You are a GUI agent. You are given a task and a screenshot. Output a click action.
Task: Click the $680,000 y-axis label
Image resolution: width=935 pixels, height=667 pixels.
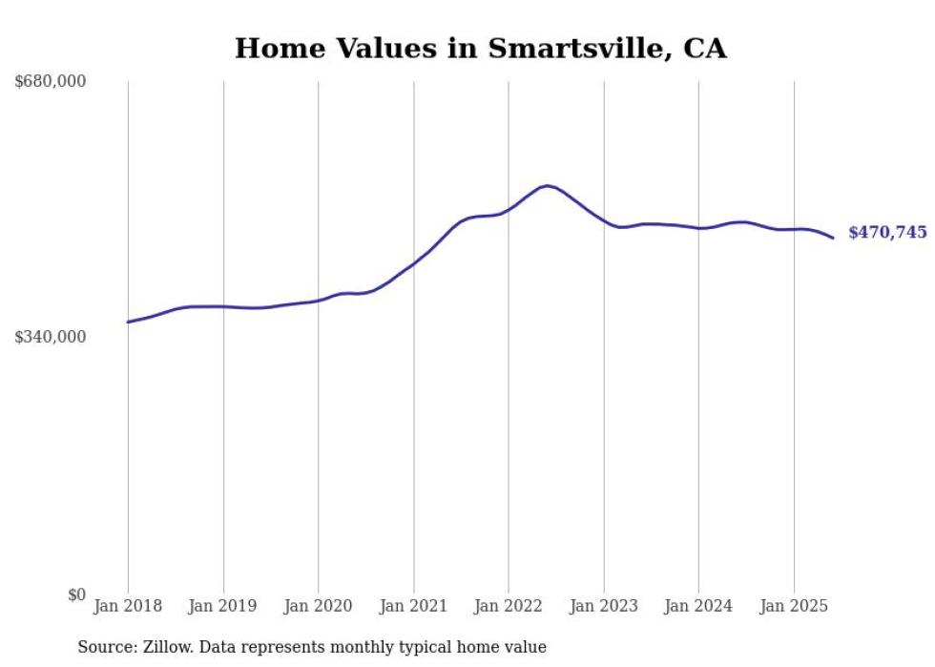coord(51,82)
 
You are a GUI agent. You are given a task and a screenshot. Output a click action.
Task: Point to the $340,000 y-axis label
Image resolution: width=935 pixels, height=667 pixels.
coord(51,337)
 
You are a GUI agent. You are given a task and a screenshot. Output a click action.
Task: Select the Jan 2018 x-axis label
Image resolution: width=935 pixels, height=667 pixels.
coord(128,606)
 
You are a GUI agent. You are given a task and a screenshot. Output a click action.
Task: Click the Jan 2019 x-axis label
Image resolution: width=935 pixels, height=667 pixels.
coord(223,606)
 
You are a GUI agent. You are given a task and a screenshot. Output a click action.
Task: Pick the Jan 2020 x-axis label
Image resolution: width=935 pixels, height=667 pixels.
coord(319,606)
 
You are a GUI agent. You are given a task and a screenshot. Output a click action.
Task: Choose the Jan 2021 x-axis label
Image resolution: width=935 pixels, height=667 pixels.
coord(413,606)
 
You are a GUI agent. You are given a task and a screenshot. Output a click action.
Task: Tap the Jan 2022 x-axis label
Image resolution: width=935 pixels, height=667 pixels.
coord(509,606)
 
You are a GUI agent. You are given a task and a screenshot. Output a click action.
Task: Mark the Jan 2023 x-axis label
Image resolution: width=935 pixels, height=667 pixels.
coord(603,606)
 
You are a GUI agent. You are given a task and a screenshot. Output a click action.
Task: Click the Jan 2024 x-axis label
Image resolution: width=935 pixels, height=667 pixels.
coord(698,606)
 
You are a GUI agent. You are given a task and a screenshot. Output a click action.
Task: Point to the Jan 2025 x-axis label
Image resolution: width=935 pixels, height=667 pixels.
coord(794,606)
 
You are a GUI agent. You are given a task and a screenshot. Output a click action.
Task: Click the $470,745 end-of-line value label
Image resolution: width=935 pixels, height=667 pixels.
coord(887,232)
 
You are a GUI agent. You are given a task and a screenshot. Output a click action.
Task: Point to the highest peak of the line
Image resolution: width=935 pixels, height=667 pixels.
coord(546,186)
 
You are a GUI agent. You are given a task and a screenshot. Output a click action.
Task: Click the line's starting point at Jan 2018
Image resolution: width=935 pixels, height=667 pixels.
coord(128,323)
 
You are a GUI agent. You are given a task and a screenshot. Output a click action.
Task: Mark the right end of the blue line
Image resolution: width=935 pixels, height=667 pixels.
coord(833,238)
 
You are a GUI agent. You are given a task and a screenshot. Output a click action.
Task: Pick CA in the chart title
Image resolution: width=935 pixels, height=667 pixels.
coord(704,49)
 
